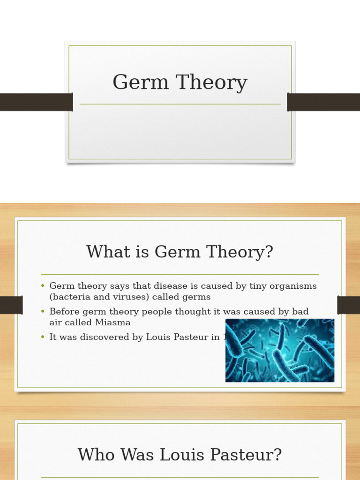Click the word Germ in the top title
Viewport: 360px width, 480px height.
coord(141,83)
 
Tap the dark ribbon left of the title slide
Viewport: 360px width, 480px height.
coord(36,102)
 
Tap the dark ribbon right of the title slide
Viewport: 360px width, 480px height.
coord(323,102)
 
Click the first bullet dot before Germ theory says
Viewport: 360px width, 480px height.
coord(43,286)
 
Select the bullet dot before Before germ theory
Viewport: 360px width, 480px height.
coord(43,311)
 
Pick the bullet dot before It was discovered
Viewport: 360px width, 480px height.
coord(43,337)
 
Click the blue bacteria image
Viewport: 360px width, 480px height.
coord(280,350)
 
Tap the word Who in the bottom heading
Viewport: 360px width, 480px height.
coord(97,455)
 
